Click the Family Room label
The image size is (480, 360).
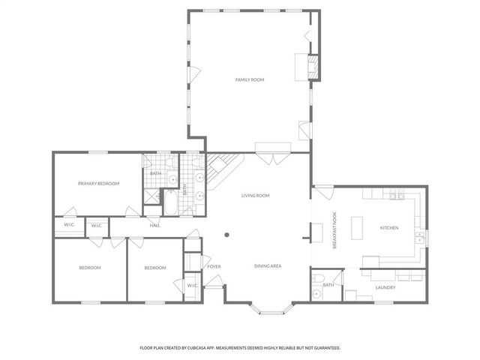(x=250, y=79)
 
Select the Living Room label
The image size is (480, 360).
(x=255, y=196)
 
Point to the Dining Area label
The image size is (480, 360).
(x=267, y=266)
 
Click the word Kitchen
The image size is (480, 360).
(x=388, y=228)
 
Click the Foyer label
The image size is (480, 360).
(x=214, y=266)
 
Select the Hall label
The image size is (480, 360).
(x=154, y=225)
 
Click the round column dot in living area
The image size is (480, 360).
(x=226, y=234)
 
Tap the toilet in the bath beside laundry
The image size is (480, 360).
(x=317, y=295)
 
